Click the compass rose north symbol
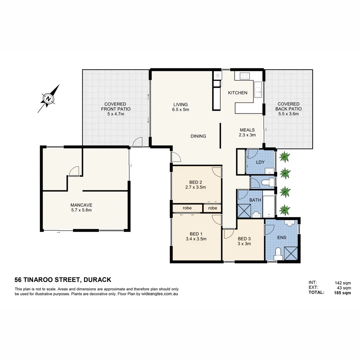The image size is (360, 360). click(49, 99)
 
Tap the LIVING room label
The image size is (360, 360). click(180, 104)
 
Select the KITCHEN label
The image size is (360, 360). click(238, 93)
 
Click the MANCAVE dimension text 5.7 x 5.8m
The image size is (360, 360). click(81, 210)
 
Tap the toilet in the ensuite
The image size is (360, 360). click(278, 254)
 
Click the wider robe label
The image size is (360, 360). click(187, 208)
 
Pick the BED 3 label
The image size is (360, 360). click(244, 239)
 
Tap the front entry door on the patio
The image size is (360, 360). click(137, 143)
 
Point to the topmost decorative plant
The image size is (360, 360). click(284, 156)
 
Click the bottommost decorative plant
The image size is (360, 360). click(284, 210)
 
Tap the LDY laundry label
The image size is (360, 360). click(260, 162)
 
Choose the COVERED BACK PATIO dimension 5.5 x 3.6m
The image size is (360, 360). click(289, 114)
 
